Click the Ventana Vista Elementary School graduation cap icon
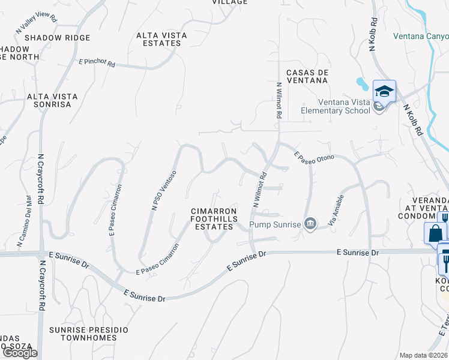(384, 92)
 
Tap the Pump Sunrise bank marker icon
(310, 224)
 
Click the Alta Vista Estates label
(161, 39)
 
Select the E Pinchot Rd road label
(97, 62)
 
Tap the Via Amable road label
(336, 211)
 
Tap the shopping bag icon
(435, 232)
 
